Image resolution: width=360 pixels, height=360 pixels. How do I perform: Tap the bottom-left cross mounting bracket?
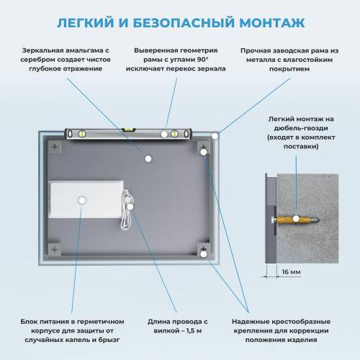click(x=55, y=249)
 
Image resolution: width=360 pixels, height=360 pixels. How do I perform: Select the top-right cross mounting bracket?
click(x=204, y=147)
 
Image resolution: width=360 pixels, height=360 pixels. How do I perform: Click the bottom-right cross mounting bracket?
click(x=204, y=250)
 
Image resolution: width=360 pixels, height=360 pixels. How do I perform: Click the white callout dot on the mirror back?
click(x=148, y=158)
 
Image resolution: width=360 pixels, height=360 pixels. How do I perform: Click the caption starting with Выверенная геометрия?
click(x=179, y=60)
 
